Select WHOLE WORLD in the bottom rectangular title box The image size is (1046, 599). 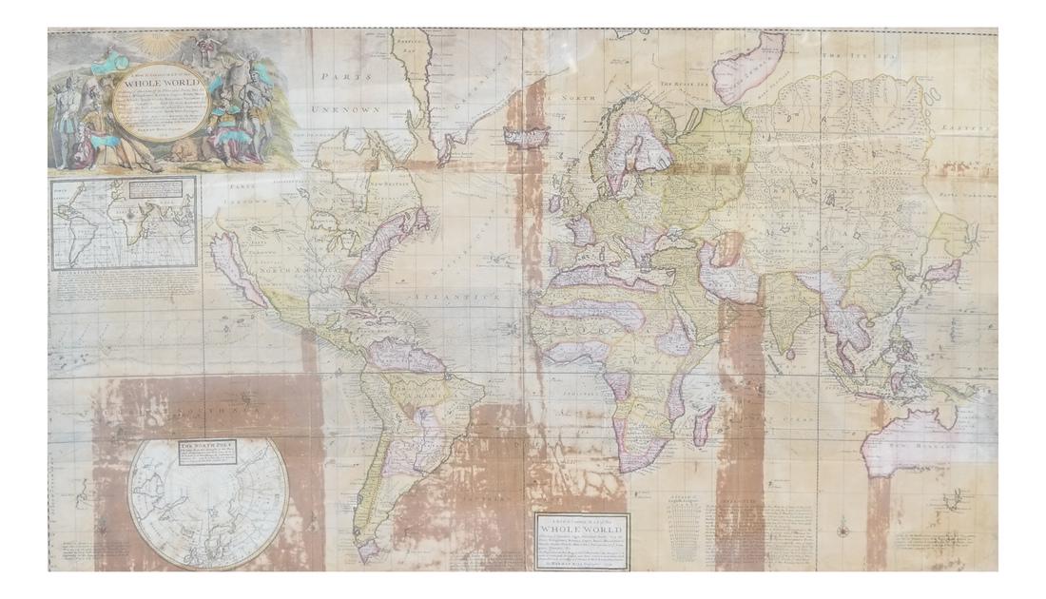pos(581,529)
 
